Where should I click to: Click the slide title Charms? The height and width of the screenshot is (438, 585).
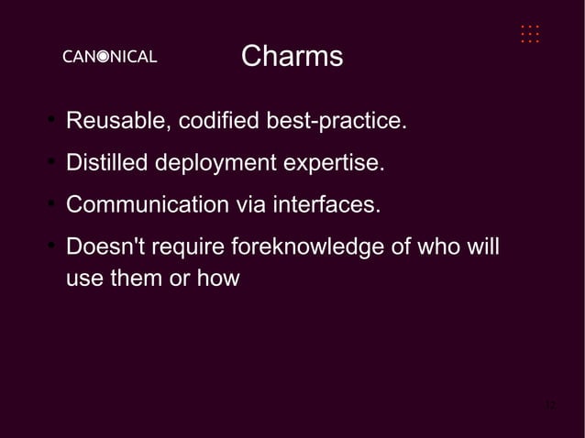(x=292, y=57)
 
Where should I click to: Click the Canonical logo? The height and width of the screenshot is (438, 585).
(x=109, y=57)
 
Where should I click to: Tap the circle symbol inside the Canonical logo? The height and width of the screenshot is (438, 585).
(x=105, y=57)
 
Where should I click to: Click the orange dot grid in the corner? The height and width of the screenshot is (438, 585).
(x=529, y=34)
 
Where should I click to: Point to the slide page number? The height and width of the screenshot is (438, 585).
(x=549, y=405)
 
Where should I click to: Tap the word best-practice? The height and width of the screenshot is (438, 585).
(x=336, y=121)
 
